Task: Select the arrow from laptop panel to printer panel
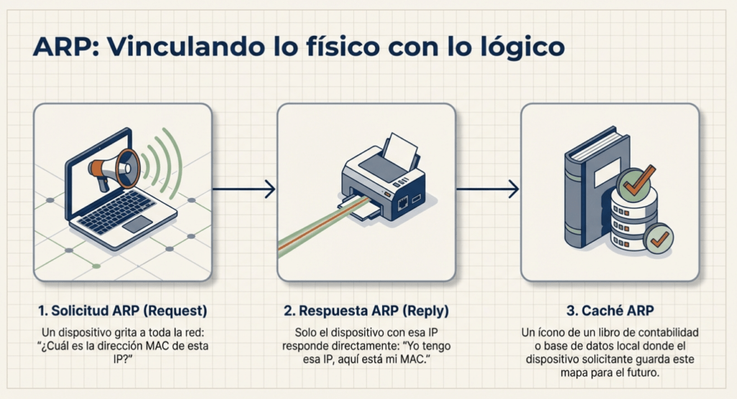(244, 190)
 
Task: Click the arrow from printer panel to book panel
(488, 190)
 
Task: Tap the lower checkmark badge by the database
(656, 239)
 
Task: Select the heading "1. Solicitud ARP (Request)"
(122, 311)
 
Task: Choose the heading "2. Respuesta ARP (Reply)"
(366, 311)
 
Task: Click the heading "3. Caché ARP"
(610, 311)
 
